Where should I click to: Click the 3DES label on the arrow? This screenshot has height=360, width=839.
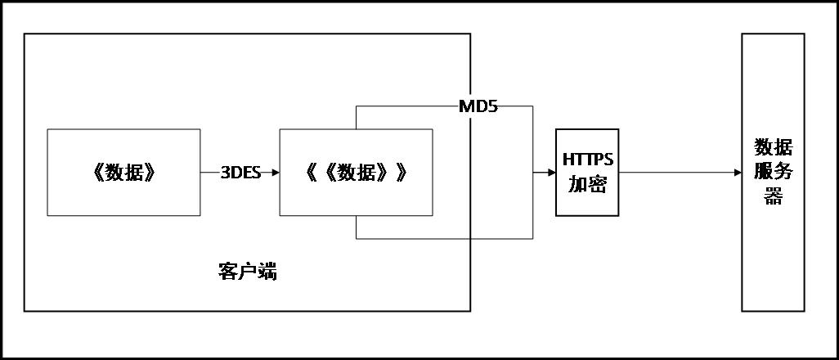click(240, 173)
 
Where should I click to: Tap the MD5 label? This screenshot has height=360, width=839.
click(478, 106)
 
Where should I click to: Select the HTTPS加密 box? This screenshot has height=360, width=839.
click(587, 173)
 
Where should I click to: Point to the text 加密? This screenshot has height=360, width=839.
click(587, 185)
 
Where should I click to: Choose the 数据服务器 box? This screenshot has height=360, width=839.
click(773, 245)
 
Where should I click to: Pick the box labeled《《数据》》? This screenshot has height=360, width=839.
click(356, 200)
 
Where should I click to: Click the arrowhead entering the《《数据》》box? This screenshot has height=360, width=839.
click(276, 173)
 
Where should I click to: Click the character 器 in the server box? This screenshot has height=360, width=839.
click(773, 197)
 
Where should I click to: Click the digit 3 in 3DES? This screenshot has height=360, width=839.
click(225, 173)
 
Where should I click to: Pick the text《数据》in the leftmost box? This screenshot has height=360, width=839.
click(123, 173)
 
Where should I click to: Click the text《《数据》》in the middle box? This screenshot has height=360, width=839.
click(356, 173)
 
